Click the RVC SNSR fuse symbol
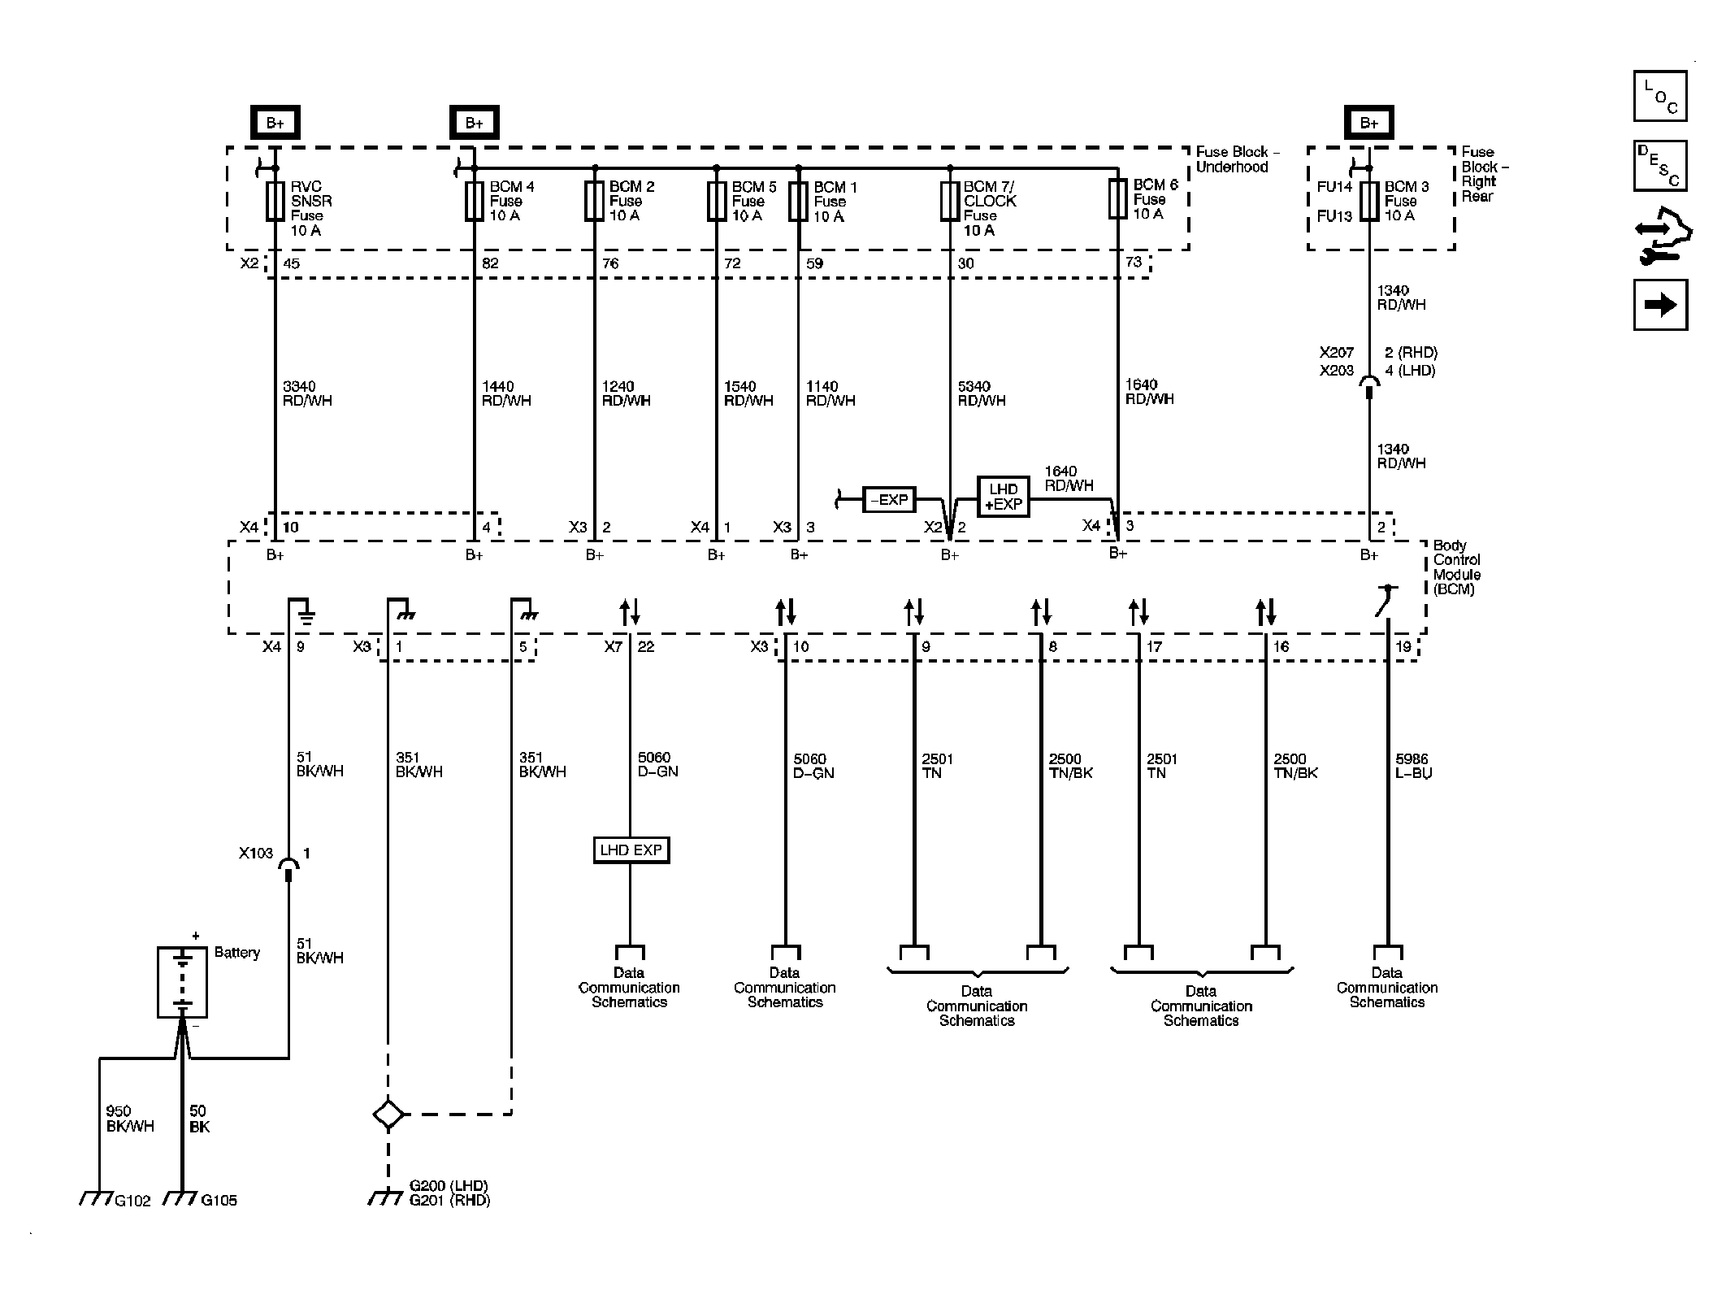click(275, 201)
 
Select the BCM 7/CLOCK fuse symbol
click(949, 201)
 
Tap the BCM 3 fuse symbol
click(1369, 201)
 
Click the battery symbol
click(182, 982)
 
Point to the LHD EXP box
click(631, 850)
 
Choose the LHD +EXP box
click(1003, 497)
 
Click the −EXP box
click(889, 499)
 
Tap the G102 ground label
click(132, 1201)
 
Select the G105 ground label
click(219, 1200)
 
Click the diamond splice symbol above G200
click(388, 1114)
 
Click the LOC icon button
click(1659, 97)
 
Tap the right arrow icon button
click(1659, 305)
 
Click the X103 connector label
click(255, 854)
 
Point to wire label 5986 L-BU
click(1412, 766)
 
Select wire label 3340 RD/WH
click(307, 393)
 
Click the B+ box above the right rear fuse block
click(1369, 123)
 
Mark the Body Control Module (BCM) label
click(1456, 567)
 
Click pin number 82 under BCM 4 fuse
click(490, 263)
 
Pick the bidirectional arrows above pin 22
click(630, 611)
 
